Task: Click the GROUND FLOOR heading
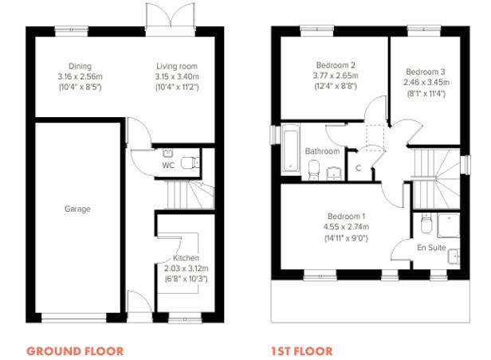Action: [75, 350]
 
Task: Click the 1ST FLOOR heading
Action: [302, 350]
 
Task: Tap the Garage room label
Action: [77, 209]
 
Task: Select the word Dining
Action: [80, 66]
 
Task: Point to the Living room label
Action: [176, 66]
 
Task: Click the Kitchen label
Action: [186, 259]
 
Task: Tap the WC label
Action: [168, 166]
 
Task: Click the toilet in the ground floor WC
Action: [188, 162]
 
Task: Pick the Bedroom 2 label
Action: [335, 65]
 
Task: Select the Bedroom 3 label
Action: [423, 70]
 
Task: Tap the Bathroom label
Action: [323, 151]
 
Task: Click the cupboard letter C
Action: [359, 168]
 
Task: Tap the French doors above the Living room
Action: [170, 14]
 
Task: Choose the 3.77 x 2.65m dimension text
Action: [335, 76]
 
